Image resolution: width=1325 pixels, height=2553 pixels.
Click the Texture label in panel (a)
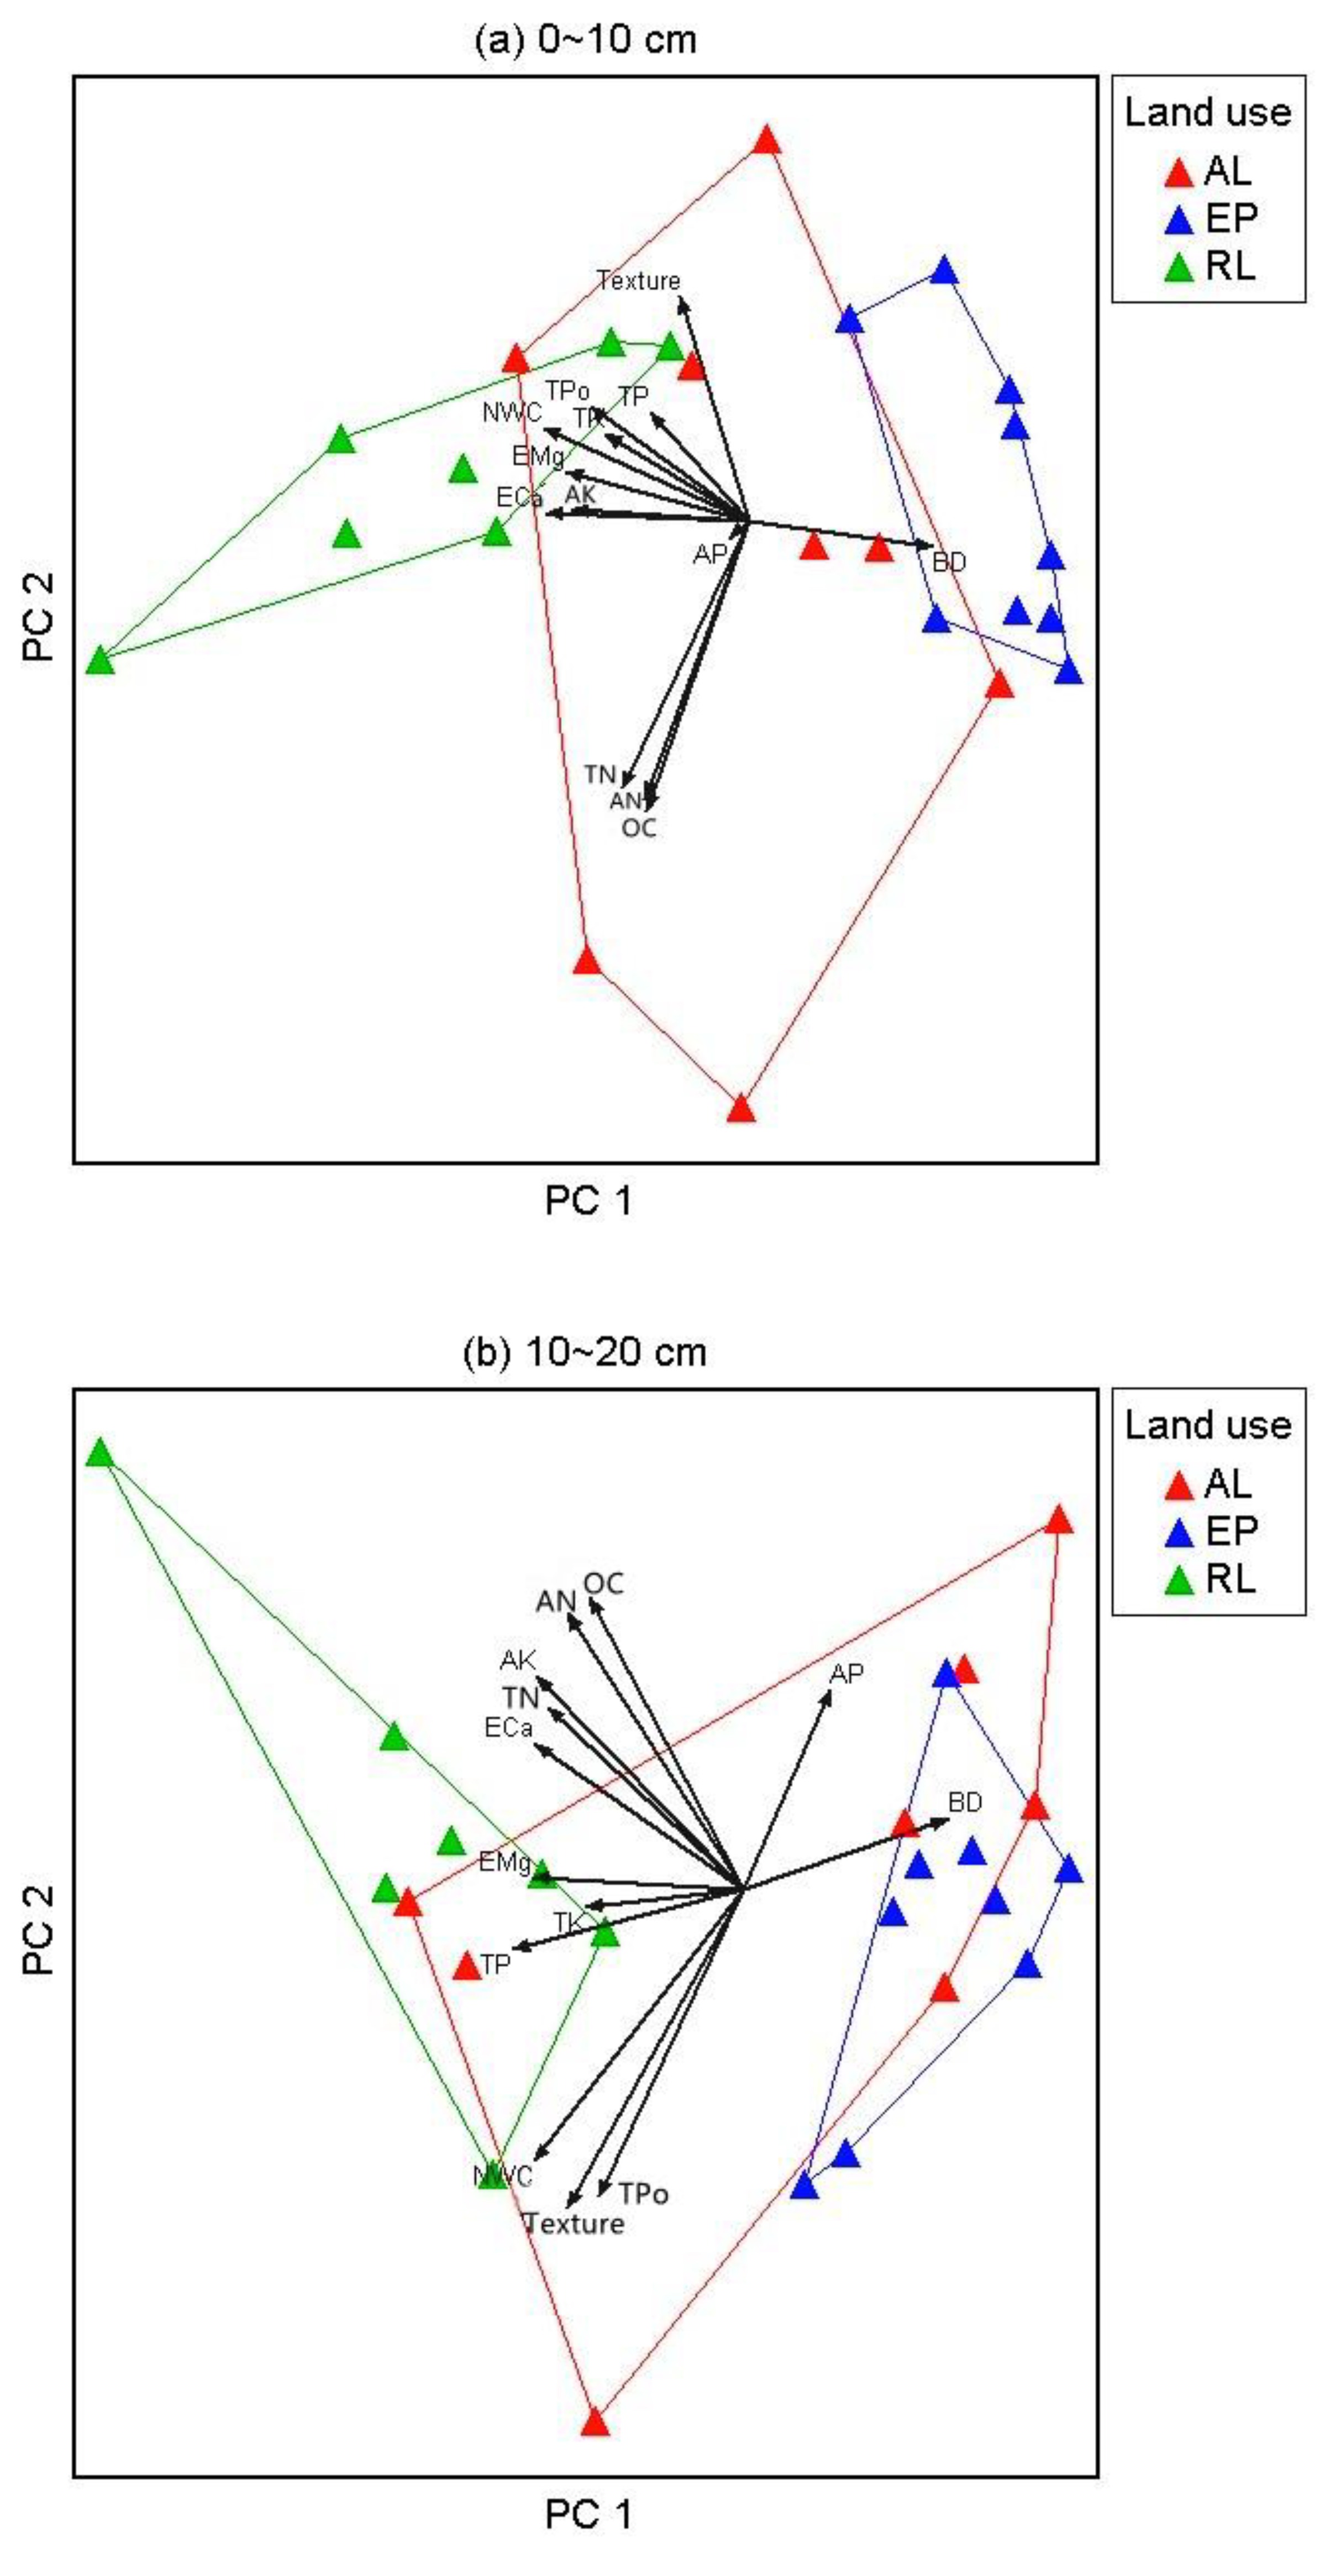(638, 281)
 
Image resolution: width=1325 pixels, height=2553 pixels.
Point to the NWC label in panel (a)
(512, 412)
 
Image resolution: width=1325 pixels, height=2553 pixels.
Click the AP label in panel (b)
(846, 1674)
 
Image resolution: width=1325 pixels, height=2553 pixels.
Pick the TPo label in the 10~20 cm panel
(643, 2194)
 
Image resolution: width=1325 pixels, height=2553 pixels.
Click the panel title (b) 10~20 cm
(585, 1353)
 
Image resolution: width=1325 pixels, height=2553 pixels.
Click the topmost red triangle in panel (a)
(766, 141)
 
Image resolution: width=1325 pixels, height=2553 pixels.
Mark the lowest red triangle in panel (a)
(742, 1109)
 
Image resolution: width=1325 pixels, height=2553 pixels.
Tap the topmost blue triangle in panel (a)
(944, 271)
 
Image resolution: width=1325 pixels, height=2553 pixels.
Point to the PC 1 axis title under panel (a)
(588, 1201)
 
